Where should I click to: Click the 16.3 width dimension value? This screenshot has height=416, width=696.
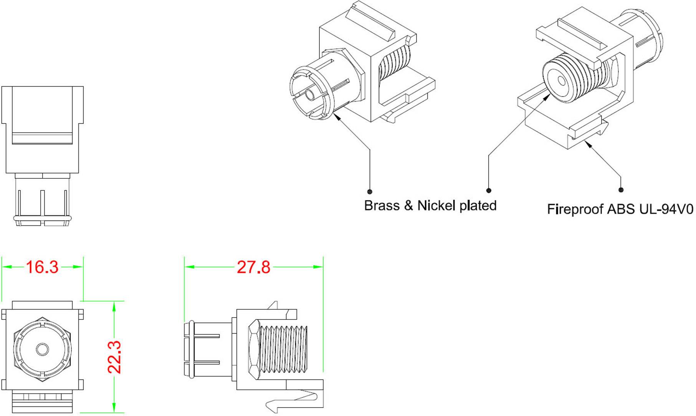coord(42,267)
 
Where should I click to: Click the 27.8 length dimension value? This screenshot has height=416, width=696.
coord(253,267)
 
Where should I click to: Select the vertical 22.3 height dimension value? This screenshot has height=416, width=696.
coord(114,357)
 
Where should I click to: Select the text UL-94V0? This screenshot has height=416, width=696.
coord(666,209)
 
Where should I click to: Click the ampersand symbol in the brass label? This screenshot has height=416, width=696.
coord(408,206)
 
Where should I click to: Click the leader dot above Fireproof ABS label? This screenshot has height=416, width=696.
coord(621,190)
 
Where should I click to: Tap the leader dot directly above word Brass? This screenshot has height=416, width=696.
coord(370,191)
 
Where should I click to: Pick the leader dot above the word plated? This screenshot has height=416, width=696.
coord(489,190)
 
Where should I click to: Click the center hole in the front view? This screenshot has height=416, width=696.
coord(42,349)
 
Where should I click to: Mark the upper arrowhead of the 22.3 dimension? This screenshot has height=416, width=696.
coord(114,305)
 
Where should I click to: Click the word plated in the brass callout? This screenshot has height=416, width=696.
coord(478,206)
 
